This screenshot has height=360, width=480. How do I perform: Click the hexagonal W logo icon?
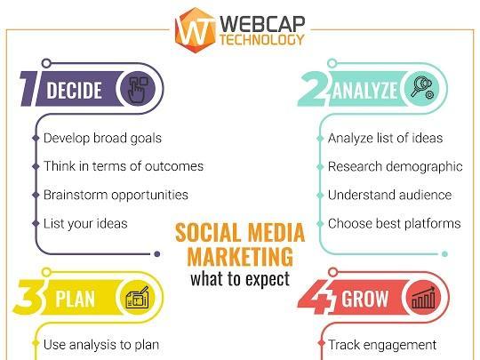(195, 30)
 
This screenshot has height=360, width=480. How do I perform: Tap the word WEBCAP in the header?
(262, 24)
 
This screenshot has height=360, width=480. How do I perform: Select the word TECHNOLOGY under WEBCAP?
(262, 39)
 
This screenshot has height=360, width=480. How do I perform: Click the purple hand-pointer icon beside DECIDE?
(138, 89)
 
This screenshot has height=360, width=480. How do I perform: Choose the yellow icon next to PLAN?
(138, 297)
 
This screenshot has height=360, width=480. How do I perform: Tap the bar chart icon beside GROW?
(423, 297)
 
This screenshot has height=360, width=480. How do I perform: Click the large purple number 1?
(29, 89)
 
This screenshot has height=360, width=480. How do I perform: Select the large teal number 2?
(315, 89)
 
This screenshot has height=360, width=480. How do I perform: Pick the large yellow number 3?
(29, 297)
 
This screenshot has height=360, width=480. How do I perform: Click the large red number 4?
(316, 297)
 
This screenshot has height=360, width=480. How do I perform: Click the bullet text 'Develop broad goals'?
(102, 139)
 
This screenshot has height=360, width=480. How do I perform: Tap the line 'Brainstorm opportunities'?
(116, 195)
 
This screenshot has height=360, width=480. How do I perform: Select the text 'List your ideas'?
(85, 223)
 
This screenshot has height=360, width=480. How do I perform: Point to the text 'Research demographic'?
(395, 167)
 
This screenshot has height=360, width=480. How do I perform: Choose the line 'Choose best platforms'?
(395, 223)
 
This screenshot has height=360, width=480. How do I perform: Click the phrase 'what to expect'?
(240, 279)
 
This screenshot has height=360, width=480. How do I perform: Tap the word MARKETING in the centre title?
(240, 256)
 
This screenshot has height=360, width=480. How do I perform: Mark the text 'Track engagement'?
(382, 345)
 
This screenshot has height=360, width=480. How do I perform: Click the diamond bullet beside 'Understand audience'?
(320, 195)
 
